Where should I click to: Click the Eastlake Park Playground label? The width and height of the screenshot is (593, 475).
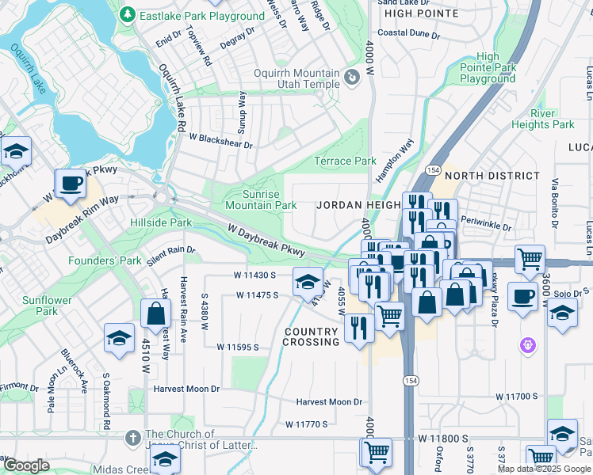[x=201, y=16]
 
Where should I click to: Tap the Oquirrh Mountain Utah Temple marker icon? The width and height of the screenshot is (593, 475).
[x=351, y=78]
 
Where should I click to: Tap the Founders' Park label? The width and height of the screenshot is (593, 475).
[x=103, y=260]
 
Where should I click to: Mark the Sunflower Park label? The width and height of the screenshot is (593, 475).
[x=47, y=306]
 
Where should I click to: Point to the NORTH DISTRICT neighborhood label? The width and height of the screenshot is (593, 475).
[x=492, y=176]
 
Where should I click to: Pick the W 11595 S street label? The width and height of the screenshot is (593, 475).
[x=243, y=347]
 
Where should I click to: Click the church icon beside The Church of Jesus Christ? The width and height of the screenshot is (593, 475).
[x=132, y=435]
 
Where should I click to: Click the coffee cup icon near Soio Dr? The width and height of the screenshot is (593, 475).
[x=522, y=296]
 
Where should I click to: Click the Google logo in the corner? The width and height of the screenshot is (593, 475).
[x=26, y=465]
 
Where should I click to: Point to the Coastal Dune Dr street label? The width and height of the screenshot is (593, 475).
[x=408, y=33]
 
